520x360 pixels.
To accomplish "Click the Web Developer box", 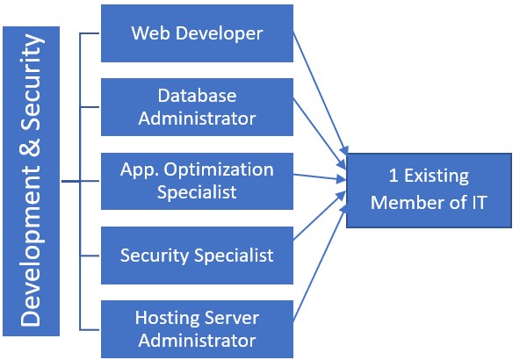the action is [197, 33].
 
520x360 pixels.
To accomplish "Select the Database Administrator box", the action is [197, 107].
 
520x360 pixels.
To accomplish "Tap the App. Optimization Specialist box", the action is [197, 181].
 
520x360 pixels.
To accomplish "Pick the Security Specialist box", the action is [197, 256].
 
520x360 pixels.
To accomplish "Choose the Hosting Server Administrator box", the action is [197, 329].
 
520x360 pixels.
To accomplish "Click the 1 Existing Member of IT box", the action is [430, 191].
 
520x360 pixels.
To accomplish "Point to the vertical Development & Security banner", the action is [31, 181].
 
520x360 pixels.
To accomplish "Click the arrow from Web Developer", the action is [321, 93].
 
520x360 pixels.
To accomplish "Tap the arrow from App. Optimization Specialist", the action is [320, 177].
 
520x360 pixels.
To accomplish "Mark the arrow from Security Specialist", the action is [320, 215].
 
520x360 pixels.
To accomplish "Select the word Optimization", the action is [219, 170].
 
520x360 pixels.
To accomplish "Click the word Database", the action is [197, 96].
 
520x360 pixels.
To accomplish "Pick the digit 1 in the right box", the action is [394, 176].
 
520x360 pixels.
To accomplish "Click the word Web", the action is [151, 33].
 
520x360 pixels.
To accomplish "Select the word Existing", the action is [437, 176].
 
